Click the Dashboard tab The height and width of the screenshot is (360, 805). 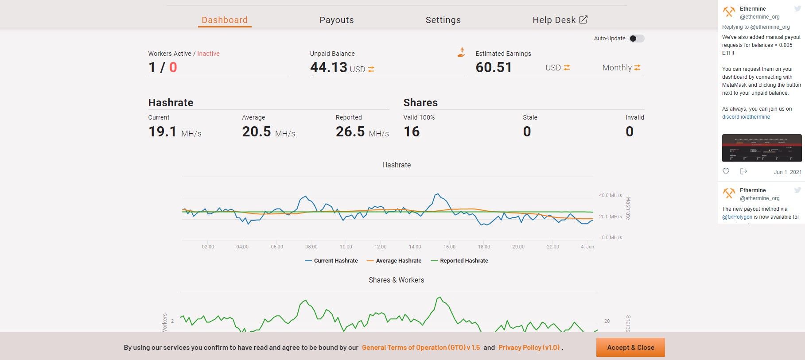[225, 20]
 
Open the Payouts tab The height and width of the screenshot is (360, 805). [337, 20]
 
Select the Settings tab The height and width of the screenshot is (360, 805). [443, 20]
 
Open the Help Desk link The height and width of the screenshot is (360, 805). [560, 20]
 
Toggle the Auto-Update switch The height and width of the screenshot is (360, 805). [637, 39]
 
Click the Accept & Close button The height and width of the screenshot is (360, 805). [630, 348]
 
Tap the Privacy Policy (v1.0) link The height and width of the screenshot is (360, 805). [529, 348]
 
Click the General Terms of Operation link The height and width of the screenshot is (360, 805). [421, 348]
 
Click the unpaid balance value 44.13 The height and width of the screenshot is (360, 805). [328, 67]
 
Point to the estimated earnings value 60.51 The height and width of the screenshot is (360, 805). [494, 67]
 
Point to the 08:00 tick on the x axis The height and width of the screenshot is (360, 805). [311, 247]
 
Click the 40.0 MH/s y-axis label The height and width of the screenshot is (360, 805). [610, 195]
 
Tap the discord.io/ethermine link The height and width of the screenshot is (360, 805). [746, 117]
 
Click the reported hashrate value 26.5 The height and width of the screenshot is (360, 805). [350, 132]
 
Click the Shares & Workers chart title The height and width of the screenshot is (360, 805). [396, 280]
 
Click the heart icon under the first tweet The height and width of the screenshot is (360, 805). [726, 171]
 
